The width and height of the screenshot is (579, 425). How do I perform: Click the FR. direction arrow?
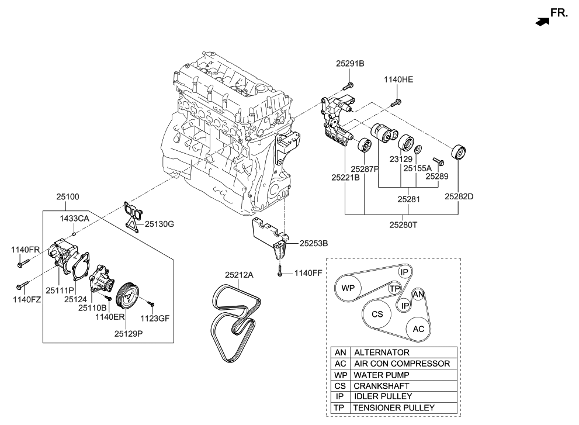(x=542, y=22)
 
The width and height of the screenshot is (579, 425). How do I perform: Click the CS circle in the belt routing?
(x=377, y=314)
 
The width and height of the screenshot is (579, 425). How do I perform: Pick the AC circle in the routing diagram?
(x=418, y=329)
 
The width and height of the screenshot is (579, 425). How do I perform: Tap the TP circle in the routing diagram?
(x=395, y=289)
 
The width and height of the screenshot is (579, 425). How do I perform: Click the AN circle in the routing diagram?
(x=418, y=295)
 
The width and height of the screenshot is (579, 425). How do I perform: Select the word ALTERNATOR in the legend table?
(x=381, y=353)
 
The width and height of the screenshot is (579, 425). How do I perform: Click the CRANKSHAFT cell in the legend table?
(x=381, y=386)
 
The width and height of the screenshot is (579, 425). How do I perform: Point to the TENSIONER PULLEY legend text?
(x=394, y=407)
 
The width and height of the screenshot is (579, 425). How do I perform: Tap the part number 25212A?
(x=240, y=272)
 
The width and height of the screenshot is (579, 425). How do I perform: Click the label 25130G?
(x=160, y=223)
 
